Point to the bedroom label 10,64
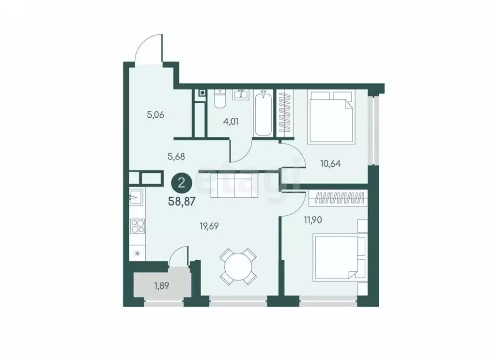(x=330, y=163)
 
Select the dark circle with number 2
(x=182, y=183)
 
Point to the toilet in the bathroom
(x=219, y=99)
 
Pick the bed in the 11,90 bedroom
(x=336, y=257)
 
